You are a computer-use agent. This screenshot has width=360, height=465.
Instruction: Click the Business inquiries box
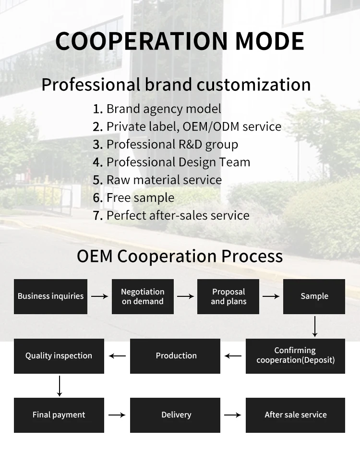click(x=50, y=296)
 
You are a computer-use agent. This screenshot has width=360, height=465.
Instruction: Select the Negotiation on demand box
click(x=143, y=296)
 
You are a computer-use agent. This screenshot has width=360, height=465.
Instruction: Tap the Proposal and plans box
click(x=228, y=296)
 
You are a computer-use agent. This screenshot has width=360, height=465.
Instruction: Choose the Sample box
click(x=314, y=296)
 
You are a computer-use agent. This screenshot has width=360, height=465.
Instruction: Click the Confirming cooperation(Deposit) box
click(x=295, y=355)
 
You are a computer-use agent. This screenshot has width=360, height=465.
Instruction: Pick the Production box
click(x=176, y=355)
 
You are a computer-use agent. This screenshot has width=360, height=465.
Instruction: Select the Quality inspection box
click(x=59, y=355)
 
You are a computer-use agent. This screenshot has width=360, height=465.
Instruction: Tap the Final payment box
click(x=59, y=415)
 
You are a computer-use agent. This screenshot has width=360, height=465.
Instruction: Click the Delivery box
click(x=176, y=415)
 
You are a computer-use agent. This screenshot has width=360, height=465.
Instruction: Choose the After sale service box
click(x=295, y=415)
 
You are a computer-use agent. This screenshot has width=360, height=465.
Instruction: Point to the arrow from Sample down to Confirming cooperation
click(x=315, y=326)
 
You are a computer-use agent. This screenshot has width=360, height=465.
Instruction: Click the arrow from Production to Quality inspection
click(x=117, y=356)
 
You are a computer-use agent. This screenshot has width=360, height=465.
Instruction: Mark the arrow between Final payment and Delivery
click(x=117, y=415)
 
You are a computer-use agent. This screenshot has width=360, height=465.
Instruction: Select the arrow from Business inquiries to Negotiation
click(x=100, y=296)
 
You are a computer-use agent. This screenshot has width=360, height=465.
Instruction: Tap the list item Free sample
click(x=140, y=197)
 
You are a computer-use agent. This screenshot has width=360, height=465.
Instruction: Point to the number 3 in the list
click(x=97, y=145)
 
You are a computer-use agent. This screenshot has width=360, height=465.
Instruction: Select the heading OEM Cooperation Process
click(x=180, y=256)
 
